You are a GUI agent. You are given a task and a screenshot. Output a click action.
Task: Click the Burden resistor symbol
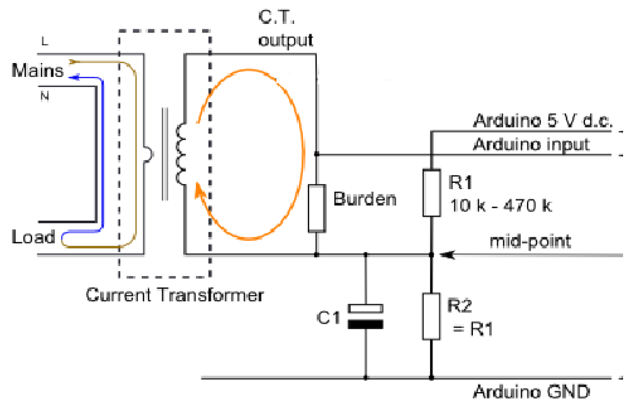pos(317,208)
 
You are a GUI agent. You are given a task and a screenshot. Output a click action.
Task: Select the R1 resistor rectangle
pos(432,193)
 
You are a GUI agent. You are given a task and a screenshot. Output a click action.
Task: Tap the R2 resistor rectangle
pos(431,316)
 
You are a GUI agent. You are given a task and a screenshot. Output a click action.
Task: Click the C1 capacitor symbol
pos(366,316)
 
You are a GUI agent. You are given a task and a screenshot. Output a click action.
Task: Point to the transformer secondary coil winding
pos(181,154)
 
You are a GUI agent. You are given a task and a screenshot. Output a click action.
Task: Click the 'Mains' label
pos(37,71)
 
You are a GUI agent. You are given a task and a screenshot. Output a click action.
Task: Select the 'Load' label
pos(33,237)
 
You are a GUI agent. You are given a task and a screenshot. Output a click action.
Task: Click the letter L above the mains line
pos(45,42)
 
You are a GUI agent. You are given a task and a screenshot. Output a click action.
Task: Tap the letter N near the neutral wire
pos(45,96)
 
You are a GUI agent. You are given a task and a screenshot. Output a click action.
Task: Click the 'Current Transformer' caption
pos(175,295)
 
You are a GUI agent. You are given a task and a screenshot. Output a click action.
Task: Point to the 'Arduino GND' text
pos(531,392)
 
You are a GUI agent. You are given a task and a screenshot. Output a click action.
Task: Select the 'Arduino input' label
pos(531,145)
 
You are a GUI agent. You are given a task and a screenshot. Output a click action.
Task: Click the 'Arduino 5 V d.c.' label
pos(543,121)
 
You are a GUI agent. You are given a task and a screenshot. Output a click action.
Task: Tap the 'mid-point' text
pos(530,241)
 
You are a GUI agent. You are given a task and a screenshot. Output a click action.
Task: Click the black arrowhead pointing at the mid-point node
pos(447,255)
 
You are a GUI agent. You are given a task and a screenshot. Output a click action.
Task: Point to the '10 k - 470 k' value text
pos(500,206)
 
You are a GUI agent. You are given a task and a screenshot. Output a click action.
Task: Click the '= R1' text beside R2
pos(473,329)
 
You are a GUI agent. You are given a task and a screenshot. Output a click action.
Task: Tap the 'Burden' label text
pos(365,199)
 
